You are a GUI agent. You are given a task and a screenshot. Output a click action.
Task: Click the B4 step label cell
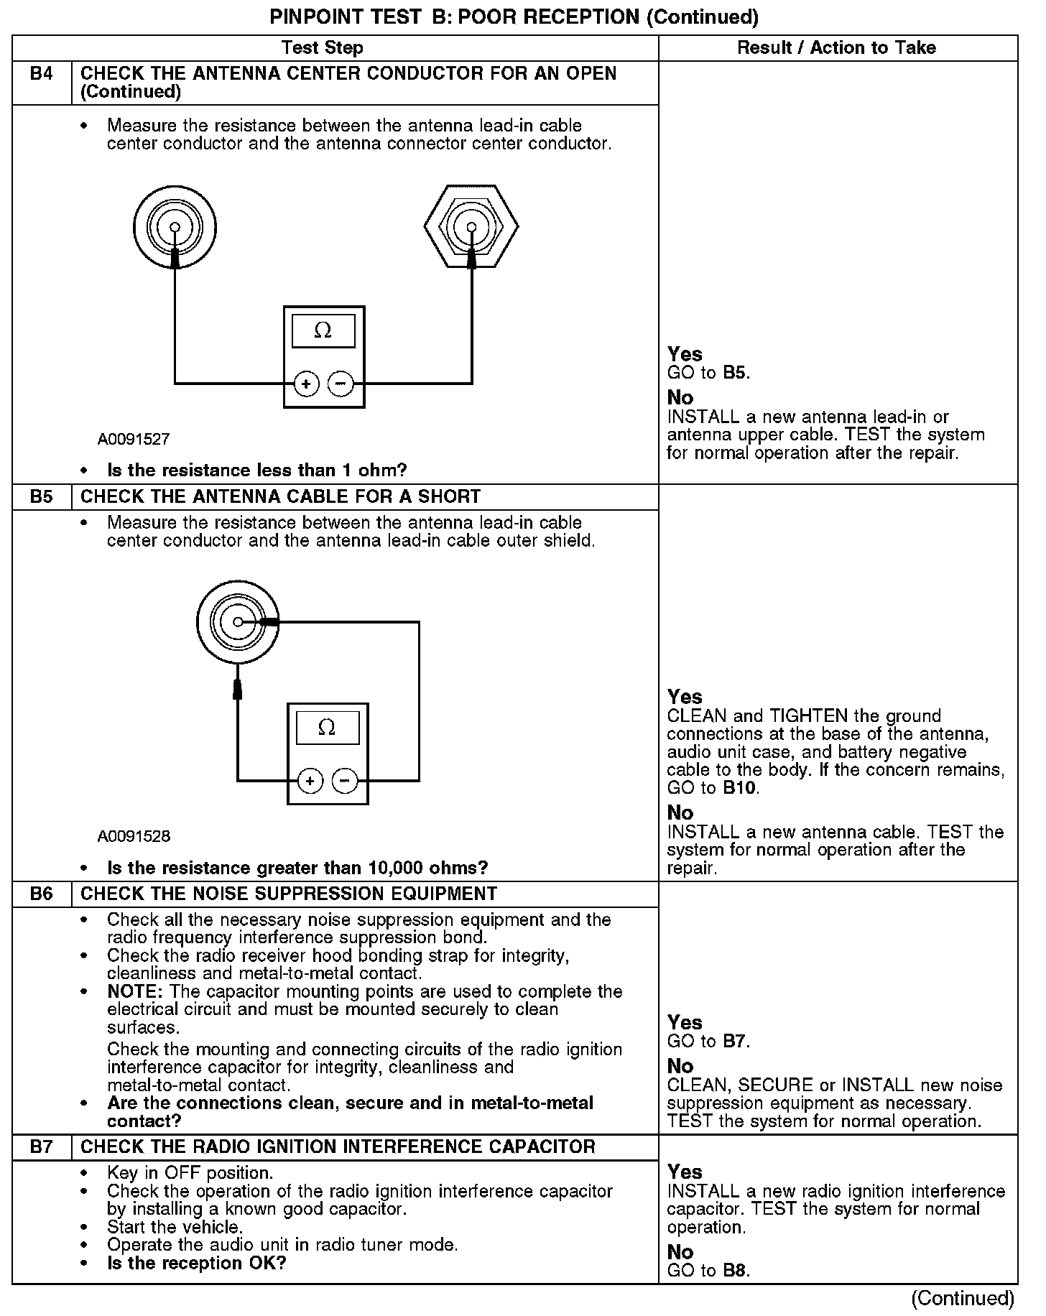click(42, 74)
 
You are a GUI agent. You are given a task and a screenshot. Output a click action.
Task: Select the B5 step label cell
click(42, 497)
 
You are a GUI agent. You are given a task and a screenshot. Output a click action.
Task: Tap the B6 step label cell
click(42, 894)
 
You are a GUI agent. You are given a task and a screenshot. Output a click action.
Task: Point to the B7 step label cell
click(42, 1147)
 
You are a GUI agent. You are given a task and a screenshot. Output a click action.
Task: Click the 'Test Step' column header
click(322, 48)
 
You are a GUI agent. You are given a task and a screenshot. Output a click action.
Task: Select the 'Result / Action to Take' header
click(837, 48)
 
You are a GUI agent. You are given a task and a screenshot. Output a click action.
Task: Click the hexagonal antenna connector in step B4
click(471, 227)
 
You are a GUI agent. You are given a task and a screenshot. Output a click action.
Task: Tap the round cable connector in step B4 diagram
click(175, 227)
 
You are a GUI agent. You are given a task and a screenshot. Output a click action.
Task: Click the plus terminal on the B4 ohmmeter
click(307, 384)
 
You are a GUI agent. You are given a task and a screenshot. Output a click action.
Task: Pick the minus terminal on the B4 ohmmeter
click(341, 384)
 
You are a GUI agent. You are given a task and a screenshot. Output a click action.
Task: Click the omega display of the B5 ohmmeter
click(327, 728)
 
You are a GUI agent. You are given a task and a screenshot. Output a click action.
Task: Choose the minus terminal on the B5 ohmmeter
click(346, 781)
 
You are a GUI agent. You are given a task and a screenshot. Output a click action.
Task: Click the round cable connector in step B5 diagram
click(238, 622)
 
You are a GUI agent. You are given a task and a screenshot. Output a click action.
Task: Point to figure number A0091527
click(134, 439)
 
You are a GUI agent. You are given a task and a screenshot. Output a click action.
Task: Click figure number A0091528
click(134, 836)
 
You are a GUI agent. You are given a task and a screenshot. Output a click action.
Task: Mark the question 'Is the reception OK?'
click(196, 1263)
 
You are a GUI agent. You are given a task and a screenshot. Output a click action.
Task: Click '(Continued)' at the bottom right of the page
click(962, 1299)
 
